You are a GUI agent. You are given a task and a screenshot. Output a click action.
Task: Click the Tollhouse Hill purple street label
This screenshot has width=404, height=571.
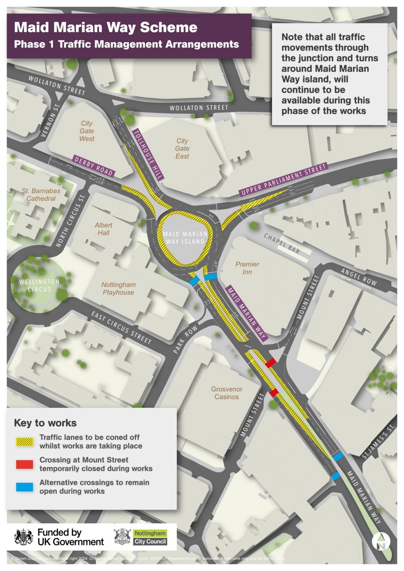click(x=148, y=154)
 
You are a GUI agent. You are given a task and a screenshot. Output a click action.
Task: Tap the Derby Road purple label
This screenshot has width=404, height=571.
click(x=94, y=166)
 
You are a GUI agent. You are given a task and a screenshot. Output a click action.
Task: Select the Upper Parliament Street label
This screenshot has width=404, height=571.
click(x=284, y=179)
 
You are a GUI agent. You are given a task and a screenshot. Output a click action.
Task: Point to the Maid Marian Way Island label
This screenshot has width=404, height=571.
click(x=185, y=238)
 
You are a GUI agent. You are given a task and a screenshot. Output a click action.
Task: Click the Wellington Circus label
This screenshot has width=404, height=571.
click(x=39, y=285)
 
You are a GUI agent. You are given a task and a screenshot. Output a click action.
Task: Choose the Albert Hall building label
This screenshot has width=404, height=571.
click(x=103, y=229)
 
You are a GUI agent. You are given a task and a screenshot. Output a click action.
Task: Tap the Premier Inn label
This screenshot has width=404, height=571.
click(x=247, y=268)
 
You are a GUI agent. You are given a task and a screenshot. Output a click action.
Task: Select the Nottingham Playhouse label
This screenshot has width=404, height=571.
click(x=118, y=288)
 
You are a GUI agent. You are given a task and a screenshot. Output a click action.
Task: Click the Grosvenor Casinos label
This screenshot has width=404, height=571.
click(x=226, y=393)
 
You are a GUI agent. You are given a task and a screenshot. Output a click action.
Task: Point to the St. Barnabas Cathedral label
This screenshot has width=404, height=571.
click(x=41, y=194)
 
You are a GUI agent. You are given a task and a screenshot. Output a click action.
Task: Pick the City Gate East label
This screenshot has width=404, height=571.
click(x=182, y=149)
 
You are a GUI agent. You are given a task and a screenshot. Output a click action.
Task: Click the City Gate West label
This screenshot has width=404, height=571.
click(x=87, y=131)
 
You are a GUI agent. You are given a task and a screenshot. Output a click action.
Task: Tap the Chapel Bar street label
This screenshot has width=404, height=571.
click(x=282, y=244)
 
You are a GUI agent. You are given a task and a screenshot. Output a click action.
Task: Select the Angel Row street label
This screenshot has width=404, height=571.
click(x=359, y=277)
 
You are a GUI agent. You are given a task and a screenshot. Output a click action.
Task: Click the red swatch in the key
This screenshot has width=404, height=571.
click(x=24, y=464)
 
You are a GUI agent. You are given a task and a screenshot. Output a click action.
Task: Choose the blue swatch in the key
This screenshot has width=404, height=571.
click(x=24, y=487)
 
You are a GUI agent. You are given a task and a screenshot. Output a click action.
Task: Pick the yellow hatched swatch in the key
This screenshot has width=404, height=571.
click(x=24, y=441)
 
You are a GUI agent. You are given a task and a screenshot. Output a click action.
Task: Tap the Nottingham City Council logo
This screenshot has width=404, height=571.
click(x=141, y=537)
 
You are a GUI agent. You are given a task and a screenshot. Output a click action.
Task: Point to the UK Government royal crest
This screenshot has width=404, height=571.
click(x=24, y=537)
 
